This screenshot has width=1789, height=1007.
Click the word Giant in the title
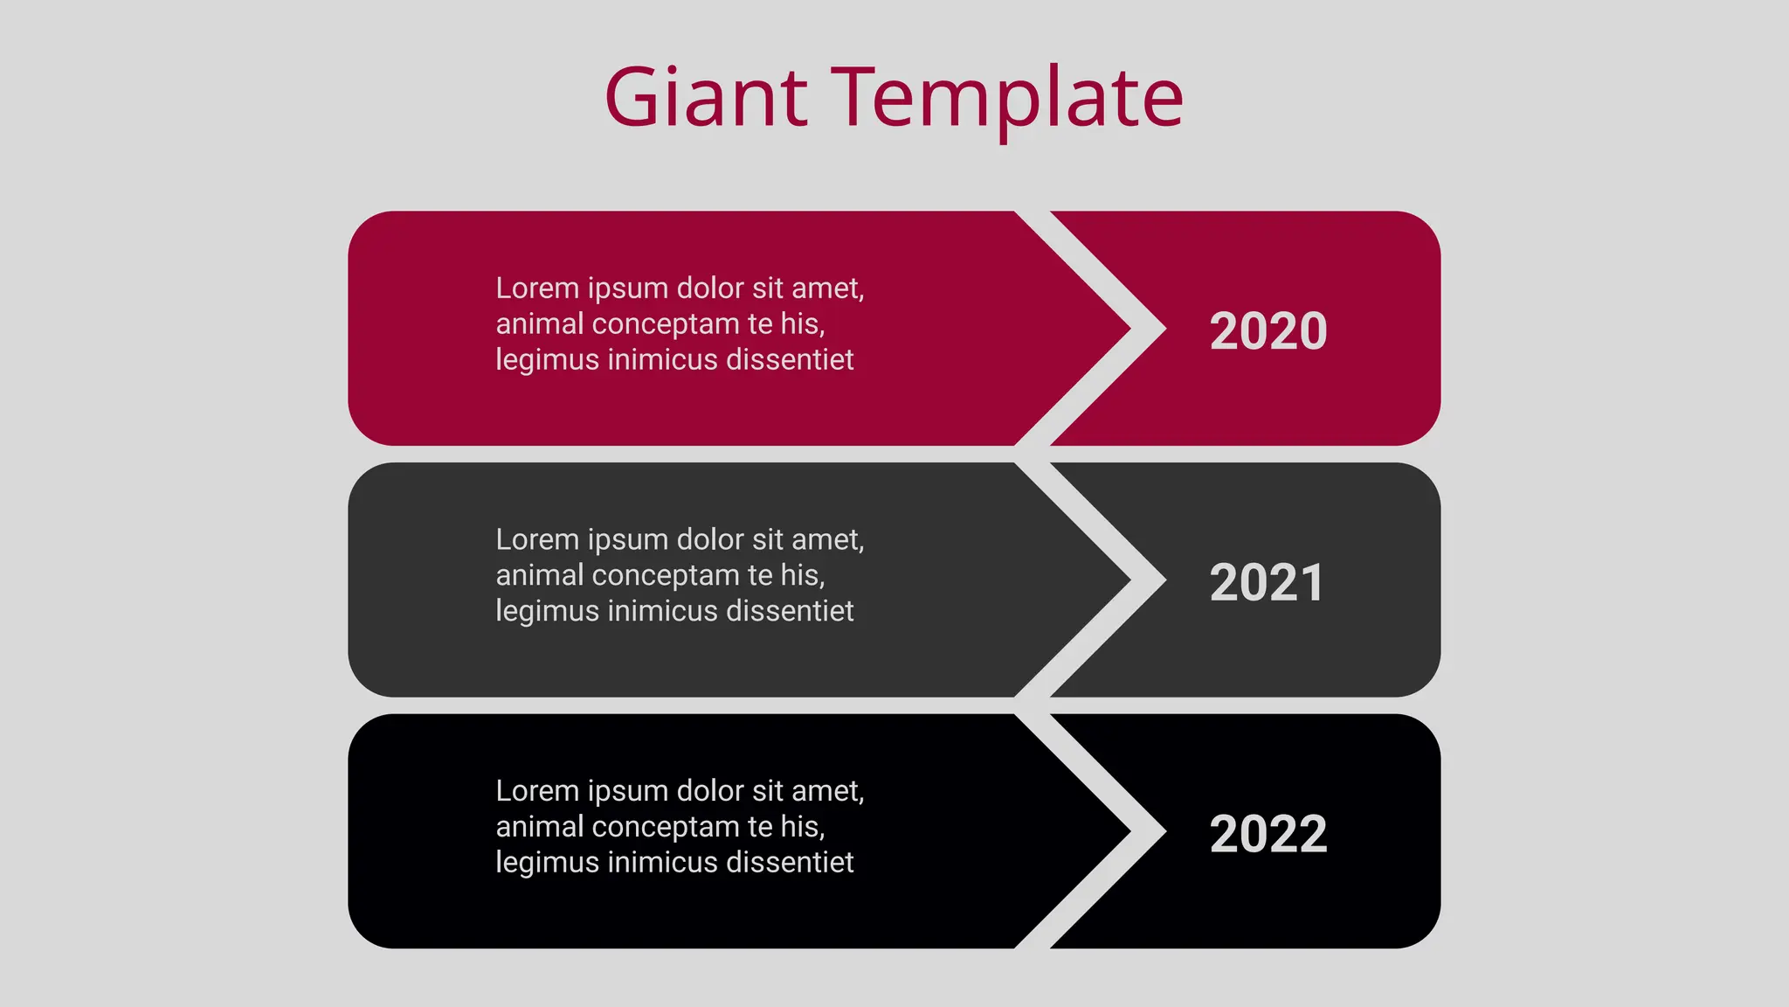tap(706, 97)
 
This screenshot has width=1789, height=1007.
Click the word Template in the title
tap(1006, 99)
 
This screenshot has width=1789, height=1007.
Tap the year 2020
tap(1267, 331)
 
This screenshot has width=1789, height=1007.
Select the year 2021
tap(1267, 583)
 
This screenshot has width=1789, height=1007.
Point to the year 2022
tap(1267, 834)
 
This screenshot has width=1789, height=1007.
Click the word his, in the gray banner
tap(802, 576)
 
